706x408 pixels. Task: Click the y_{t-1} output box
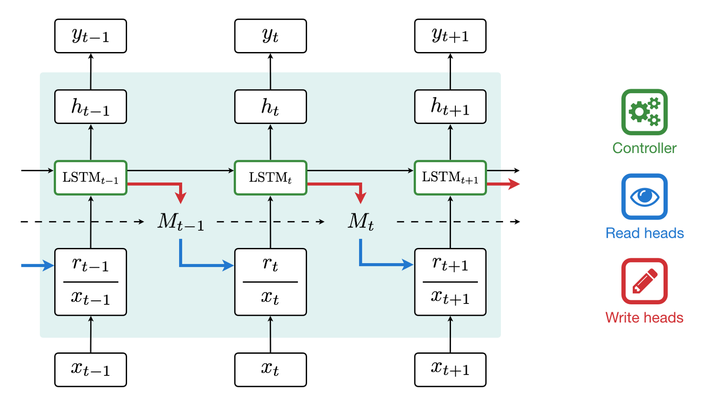tap(90, 36)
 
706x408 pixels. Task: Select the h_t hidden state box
tap(270, 107)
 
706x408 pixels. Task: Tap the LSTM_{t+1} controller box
tap(450, 178)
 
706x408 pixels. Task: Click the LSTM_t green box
tap(270, 178)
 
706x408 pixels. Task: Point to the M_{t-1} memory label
tap(180, 222)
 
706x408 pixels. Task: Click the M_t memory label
tap(361, 221)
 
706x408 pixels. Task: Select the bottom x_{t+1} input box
tap(450, 370)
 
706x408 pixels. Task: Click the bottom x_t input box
tap(270, 370)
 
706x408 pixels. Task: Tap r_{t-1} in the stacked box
tap(90, 265)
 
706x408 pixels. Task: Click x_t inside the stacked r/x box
tap(270, 298)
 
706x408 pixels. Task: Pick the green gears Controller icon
tap(644, 112)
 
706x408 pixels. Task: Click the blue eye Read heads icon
tap(644, 196)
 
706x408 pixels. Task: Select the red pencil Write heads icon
tap(644, 281)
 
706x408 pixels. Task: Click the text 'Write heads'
tap(644, 318)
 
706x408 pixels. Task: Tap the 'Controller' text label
tap(644, 148)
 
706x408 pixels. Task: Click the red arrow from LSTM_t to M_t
tap(344, 184)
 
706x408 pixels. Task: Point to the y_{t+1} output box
tap(450, 36)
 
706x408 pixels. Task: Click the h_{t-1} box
tap(90, 107)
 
